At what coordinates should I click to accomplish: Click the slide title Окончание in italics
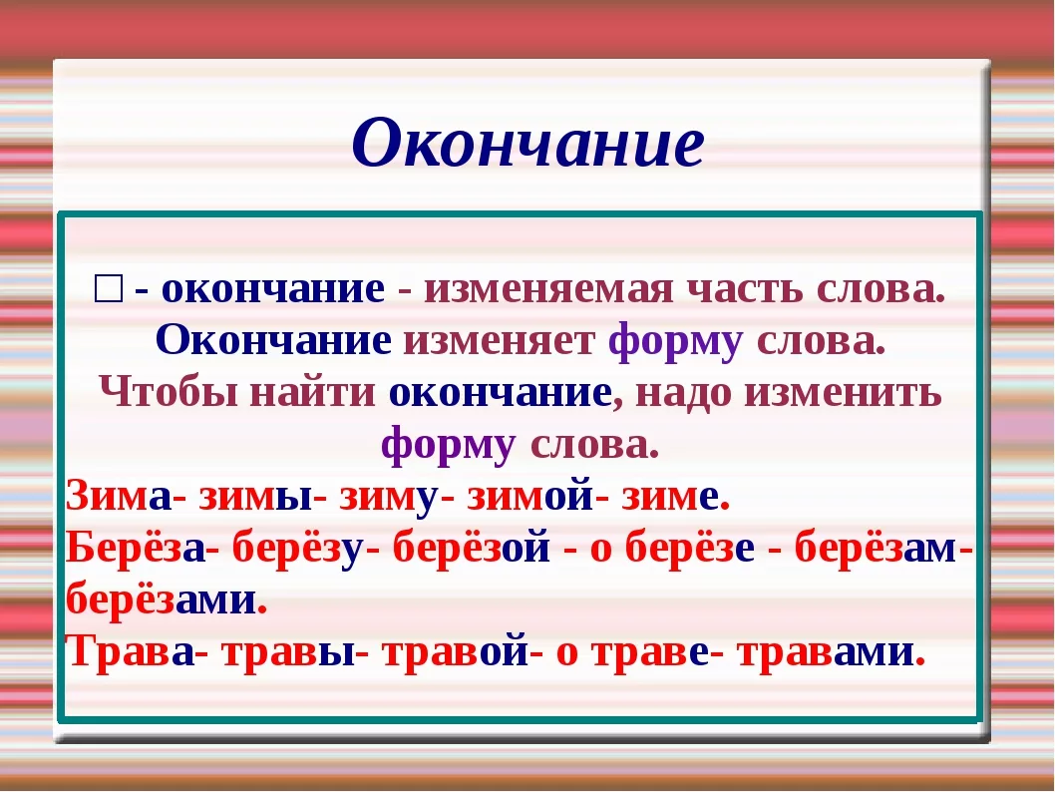[527, 143]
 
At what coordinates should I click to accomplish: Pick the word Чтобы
[168, 393]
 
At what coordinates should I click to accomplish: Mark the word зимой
[529, 496]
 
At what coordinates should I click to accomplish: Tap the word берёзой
[472, 549]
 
